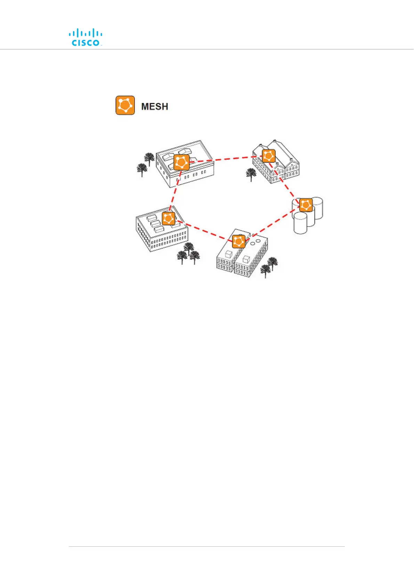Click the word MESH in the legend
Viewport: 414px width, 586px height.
point(155,106)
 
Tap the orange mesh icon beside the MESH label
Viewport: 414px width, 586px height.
point(125,105)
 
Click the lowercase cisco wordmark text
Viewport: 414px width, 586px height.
point(86,43)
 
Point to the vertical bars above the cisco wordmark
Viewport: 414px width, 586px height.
point(86,33)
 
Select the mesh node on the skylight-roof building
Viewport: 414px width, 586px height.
point(181,162)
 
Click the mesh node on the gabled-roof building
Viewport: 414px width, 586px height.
point(269,156)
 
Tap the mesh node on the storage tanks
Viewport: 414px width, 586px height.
point(306,205)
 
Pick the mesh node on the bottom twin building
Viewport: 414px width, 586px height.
point(238,241)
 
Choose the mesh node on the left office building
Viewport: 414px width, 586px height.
point(169,219)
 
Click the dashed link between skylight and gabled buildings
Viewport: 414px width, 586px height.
point(226,159)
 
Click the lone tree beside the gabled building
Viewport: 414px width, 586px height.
point(251,174)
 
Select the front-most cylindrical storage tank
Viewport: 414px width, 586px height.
point(300,223)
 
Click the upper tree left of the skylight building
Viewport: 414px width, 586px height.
point(149,159)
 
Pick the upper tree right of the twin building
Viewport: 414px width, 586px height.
point(273,263)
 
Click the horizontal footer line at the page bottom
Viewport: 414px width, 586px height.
point(207,546)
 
